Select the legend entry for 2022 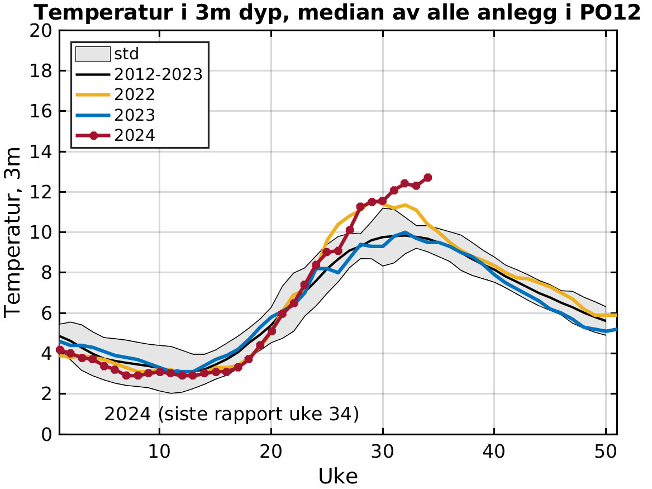(134, 94)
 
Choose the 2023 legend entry (134, 114)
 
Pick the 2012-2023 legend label (158, 74)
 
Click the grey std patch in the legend (93, 54)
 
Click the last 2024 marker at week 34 (427, 178)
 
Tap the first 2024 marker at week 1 (59, 350)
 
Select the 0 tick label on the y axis (47, 434)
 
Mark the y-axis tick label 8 (47, 273)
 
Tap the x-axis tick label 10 (160, 450)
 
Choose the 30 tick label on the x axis (383, 450)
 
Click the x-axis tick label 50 (606, 450)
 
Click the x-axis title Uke (338, 476)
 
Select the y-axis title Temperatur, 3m (13, 232)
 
